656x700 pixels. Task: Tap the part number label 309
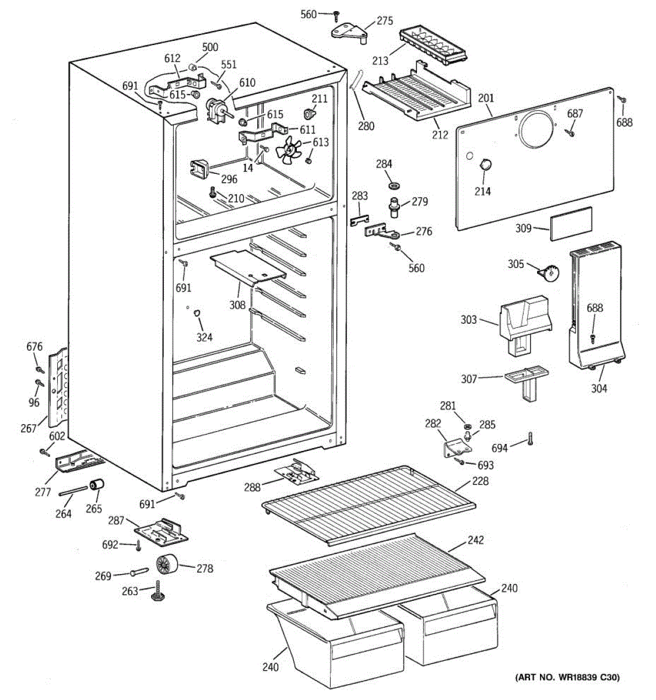point(524,228)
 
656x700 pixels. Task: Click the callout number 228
point(480,481)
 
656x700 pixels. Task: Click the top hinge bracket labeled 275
point(352,30)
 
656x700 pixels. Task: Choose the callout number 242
point(475,540)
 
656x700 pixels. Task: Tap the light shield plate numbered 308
point(248,267)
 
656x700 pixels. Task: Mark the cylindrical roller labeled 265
point(96,485)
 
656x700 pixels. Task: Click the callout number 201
point(486,97)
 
